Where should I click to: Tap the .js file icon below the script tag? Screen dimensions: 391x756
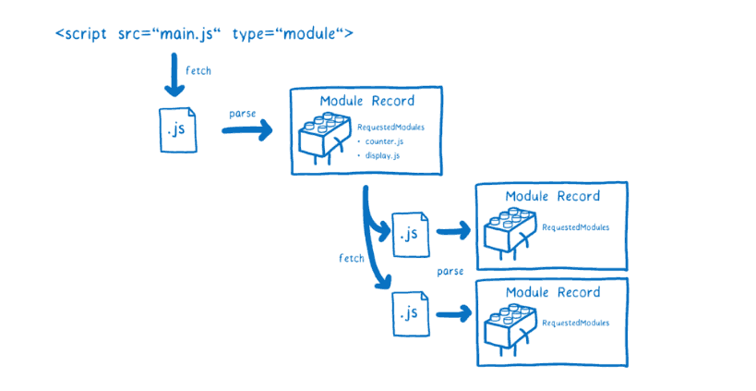pos(175,130)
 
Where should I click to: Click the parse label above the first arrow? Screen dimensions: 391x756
pos(242,114)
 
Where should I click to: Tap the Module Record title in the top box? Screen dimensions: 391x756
pos(366,101)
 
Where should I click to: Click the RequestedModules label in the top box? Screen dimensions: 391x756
pos(390,127)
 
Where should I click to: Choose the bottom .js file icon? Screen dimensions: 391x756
pos(410,312)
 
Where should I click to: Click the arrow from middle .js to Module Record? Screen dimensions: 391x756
pos(450,233)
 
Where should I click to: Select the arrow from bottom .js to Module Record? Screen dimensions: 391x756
pos(450,313)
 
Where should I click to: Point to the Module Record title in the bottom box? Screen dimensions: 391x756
pos(552,293)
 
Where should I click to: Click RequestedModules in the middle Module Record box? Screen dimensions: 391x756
pos(575,226)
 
